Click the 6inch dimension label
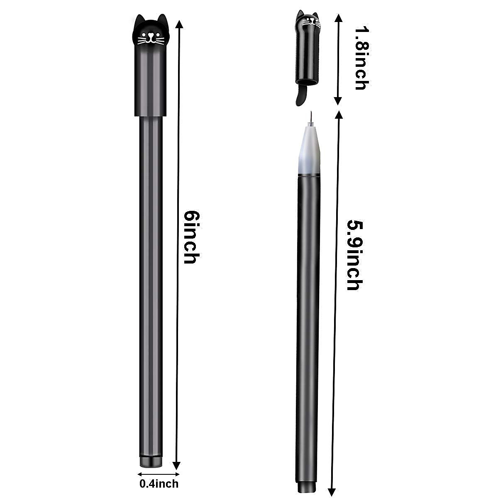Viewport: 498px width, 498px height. click(190, 237)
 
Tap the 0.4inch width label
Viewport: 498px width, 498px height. click(159, 483)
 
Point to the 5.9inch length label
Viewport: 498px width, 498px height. click(354, 255)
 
